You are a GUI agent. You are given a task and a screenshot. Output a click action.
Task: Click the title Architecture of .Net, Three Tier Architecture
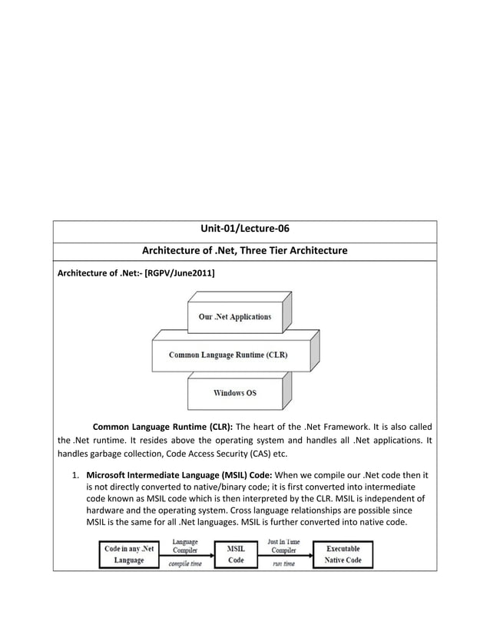[x=244, y=251]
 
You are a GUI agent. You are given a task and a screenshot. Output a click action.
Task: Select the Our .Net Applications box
[x=235, y=317]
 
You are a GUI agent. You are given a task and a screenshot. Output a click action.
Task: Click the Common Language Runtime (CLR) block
[x=228, y=355]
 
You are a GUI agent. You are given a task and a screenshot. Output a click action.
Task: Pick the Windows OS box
[x=235, y=393]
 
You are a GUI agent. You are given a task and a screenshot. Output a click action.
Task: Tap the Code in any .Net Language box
[x=129, y=554]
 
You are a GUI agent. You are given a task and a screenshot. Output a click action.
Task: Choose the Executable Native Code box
[x=343, y=554]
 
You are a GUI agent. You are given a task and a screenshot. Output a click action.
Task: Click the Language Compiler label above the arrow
[x=184, y=546]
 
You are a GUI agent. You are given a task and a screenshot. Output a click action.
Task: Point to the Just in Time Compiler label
[x=283, y=546]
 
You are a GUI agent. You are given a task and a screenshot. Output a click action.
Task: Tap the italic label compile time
[x=184, y=564]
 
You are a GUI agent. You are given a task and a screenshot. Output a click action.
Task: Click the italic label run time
[x=283, y=564]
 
